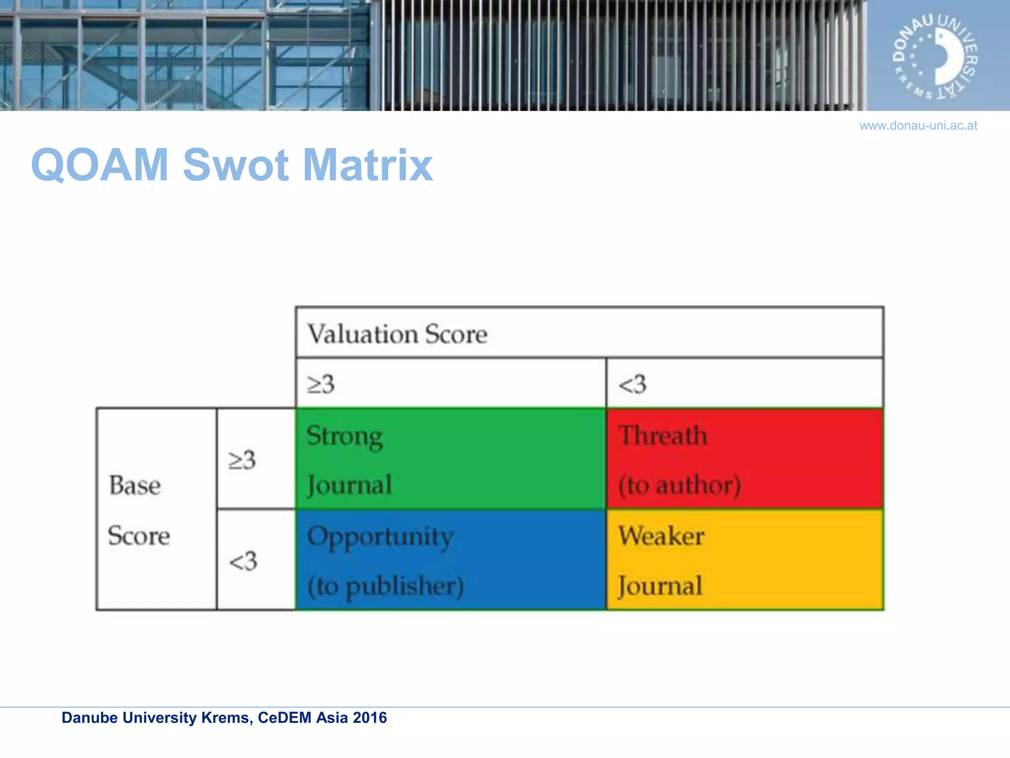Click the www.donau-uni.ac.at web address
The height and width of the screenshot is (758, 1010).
pyautogui.click(x=918, y=126)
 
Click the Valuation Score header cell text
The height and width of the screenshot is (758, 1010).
pyautogui.click(x=397, y=334)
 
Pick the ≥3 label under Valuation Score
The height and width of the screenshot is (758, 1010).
pyautogui.click(x=321, y=384)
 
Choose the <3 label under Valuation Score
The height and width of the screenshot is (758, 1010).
pyautogui.click(x=632, y=384)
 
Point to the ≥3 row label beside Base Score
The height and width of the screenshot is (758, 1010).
pyautogui.click(x=242, y=460)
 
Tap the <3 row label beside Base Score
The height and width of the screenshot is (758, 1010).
pyautogui.click(x=243, y=561)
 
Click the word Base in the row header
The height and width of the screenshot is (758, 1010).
pyautogui.click(x=135, y=485)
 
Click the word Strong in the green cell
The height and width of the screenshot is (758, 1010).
pyautogui.click(x=345, y=436)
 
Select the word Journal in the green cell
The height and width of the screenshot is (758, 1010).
pyautogui.click(x=350, y=485)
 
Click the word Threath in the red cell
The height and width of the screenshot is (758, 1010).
pyautogui.click(x=663, y=436)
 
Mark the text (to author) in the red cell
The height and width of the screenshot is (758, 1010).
pyautogui.click(x=680, y=485)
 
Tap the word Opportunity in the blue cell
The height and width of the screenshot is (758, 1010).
pyautogui.click(x=380, y=537)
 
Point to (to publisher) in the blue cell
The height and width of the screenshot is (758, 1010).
pyautogui.click(x=386, y=586)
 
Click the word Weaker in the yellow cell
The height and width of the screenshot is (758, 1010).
pyautogui.click(x=661, y=536)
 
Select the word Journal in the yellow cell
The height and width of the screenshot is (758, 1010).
pyautogui.click(x=660, y=586)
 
